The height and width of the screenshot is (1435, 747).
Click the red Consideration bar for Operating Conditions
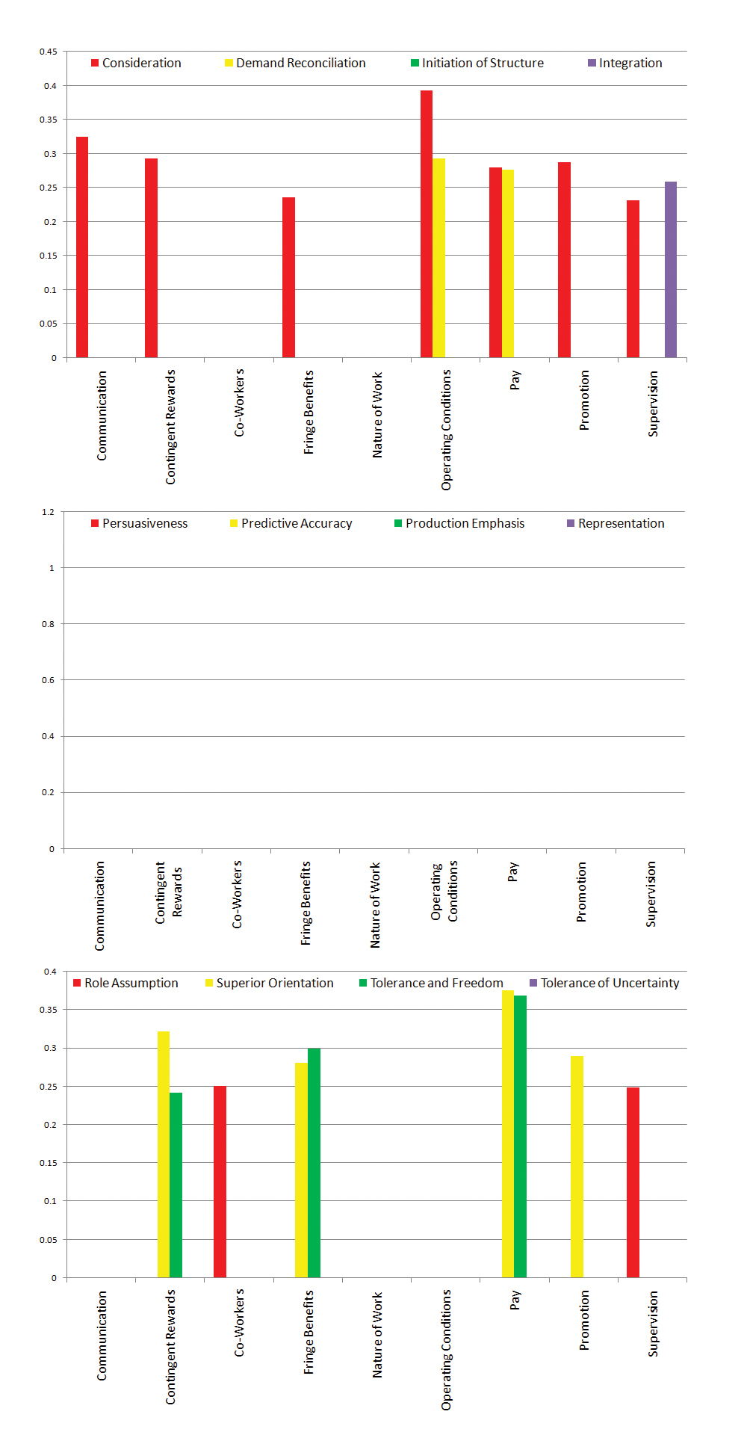427,224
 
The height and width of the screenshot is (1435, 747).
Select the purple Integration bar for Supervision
671,270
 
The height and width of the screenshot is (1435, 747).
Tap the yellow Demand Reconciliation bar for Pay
508,264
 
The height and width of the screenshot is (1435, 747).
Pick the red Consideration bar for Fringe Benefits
288,277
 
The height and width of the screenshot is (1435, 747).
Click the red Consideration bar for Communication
82,247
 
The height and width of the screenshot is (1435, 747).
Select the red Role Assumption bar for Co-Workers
220,1182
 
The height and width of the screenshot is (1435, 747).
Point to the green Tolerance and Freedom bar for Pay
520,1136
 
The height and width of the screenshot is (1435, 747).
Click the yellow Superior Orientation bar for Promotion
577,1167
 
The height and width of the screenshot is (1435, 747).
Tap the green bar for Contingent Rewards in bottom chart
176,1185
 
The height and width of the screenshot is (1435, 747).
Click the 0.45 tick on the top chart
49,52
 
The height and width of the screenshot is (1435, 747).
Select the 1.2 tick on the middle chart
49,512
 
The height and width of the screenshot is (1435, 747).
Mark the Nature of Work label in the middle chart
376,905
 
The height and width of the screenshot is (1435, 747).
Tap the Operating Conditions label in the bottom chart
447,1350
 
